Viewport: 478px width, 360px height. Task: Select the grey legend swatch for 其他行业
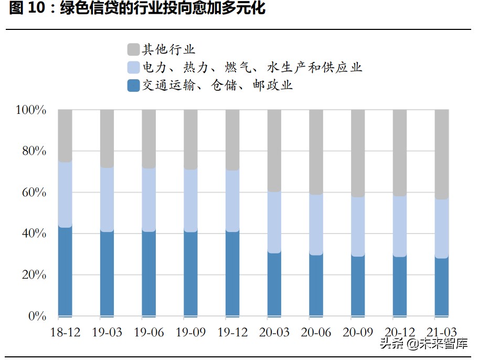point(133,50)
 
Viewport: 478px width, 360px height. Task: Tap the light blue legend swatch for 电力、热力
point(133,68)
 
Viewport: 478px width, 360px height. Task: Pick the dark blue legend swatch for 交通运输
point(133,85)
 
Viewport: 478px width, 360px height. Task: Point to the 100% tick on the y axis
point(31,110)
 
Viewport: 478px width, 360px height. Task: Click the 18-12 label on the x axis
point(65,333)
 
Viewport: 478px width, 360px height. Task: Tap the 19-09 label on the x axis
point(190,333)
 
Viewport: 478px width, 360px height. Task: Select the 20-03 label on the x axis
point(274,333)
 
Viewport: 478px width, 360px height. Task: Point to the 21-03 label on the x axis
point(442,333)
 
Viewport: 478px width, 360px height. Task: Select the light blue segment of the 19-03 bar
point(107,199)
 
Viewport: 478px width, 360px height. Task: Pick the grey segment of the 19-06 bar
point(148,139)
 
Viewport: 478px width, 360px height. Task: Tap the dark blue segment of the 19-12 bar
point(232,273)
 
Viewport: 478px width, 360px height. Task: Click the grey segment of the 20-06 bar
point(316,152)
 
